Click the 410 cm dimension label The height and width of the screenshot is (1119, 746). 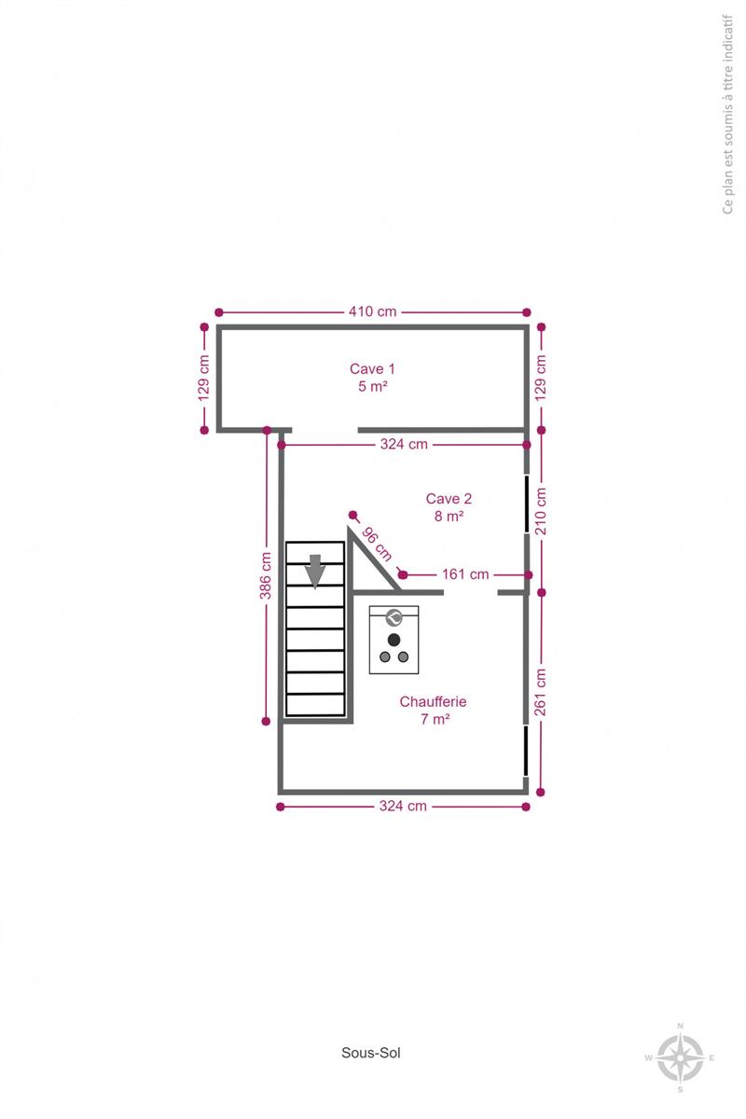[372, 311]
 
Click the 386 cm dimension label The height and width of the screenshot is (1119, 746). [266, 575]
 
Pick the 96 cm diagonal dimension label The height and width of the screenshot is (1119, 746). [378, 544]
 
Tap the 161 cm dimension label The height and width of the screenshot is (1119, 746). [465, 574]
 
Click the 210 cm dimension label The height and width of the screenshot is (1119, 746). [541, 511]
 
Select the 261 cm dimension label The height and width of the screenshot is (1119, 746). [541, 692]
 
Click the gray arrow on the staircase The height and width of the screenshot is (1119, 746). [315, 572]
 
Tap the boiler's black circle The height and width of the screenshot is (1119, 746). [394, 640]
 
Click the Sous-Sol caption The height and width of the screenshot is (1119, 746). [371, 1053]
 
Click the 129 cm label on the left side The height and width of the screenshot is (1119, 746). [203, 379]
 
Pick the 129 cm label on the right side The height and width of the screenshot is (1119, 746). [541, 379]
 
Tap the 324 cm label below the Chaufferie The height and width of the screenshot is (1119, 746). [403, 807]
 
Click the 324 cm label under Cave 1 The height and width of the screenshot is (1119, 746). [404, 444]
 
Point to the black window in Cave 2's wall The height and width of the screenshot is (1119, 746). [527, 504]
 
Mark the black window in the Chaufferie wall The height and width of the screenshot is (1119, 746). [526, 751]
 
